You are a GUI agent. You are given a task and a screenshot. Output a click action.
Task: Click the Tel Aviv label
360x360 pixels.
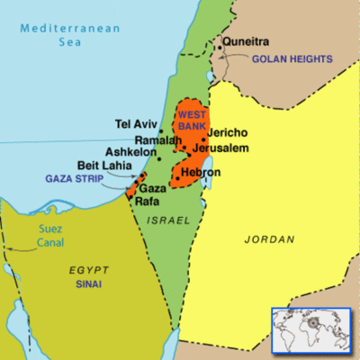click(136, 123)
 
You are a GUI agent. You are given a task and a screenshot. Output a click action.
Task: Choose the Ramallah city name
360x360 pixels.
click(158, 139)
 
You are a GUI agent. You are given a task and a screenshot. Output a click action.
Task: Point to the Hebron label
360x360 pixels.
click(200, 171)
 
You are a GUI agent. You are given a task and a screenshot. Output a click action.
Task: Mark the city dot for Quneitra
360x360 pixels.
click(217, 48)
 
